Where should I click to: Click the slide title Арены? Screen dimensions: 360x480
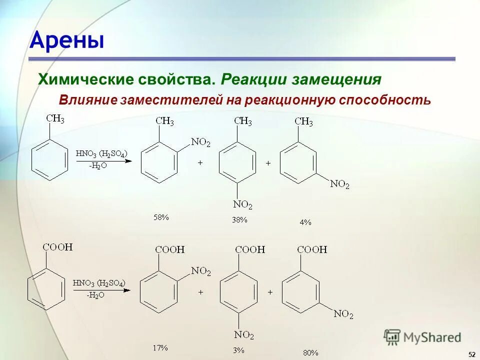pyautogui.click(x=67, y=40)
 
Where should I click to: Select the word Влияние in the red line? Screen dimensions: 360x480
pyautogui.click(x=87, y=99)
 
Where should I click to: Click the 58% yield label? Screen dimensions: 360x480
pyautogui.click(x=161, y=217)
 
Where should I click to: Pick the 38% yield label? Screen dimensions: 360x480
pyautogui.click(x=239, y=219)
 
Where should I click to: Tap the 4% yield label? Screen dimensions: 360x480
pyautogui.click(x=305, y=222)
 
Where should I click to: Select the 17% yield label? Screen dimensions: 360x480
pyautogui.click(x=160, y=346)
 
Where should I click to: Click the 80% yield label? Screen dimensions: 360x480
pyautogui.click(x=310, y=352)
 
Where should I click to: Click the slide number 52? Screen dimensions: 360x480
pyautogui.click(x=471, y=354)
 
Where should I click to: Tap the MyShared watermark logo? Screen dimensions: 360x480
pyautogui.click(x=422, y=337)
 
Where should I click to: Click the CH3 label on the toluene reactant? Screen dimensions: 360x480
pyautogui.click(x=55, y=118)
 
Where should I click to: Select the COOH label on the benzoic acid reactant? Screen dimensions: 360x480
pyautogui.click(x=57, y=247)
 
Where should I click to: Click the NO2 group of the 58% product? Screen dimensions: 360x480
pyautogui.click(x=201, y=143)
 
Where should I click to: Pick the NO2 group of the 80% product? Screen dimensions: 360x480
pyautogui.click(x=343, y=314)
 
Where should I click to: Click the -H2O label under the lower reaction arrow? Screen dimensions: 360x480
pyautogui.click(x=95, y=295)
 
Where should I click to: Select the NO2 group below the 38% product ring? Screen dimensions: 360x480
pyautogui.click(x=243, y=204)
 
